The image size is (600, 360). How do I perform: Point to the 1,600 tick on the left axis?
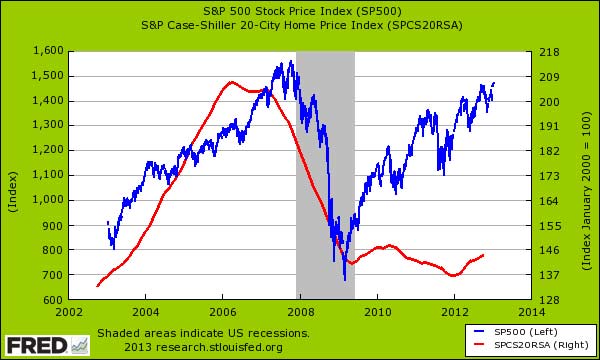tap(48, 51)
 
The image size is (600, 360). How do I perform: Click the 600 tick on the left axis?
tap(54, 300)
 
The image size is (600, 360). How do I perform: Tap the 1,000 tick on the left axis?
tap(48, 200)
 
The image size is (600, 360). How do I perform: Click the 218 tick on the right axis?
tap(546, 51)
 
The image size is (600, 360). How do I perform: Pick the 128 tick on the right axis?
tap(546, 300)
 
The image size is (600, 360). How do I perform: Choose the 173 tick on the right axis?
tap(546, 176)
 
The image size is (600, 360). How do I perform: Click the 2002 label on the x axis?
tap(68, 311)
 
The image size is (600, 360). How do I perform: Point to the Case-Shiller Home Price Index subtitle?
tap(300, 23)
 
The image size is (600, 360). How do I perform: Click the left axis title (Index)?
tap(13, 176)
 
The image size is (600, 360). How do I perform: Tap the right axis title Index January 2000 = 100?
tap(587, 176)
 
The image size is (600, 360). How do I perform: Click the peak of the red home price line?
tap(231, 82)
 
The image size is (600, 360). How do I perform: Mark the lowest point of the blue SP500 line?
tap(345, 279)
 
